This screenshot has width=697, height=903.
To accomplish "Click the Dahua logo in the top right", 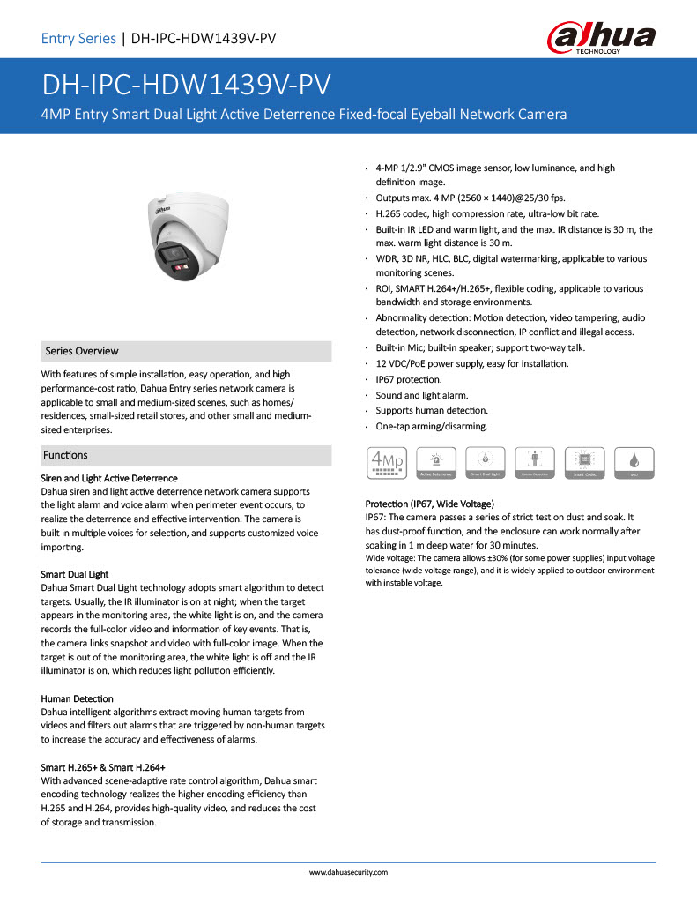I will [x=603, y=37].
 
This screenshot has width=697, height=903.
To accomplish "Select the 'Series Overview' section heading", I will [x=81, y=351].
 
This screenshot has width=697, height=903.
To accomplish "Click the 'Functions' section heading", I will [x=66, y=455].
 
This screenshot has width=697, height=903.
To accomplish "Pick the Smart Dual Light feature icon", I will [x=484, y=463].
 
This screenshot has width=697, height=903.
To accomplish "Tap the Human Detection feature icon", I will [x=534, y=463].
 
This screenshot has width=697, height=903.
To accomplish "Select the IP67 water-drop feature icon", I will [x=634, y=463].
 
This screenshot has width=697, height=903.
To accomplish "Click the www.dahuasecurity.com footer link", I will [x=348, y=872].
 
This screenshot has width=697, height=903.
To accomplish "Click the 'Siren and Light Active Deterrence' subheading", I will [x=109, y=478].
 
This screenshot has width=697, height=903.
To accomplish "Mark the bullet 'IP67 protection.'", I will [x=408, y=379].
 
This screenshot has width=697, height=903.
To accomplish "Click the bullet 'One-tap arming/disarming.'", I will [x=431, y=427].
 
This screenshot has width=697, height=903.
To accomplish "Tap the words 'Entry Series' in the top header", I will [x=78, y=38].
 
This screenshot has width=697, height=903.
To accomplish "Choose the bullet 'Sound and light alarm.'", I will [x=422, y=395].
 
